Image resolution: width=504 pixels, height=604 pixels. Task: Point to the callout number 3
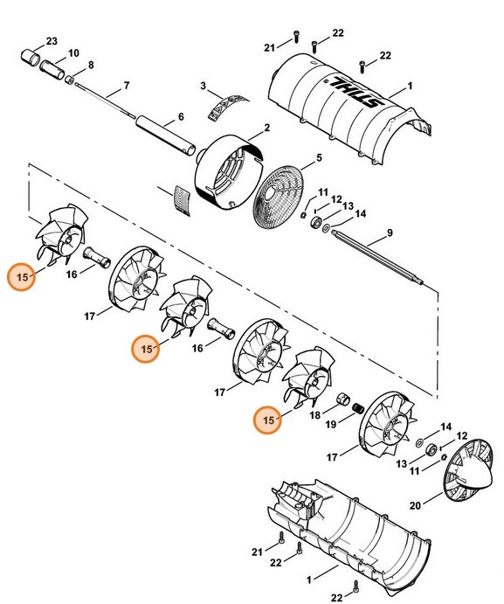coord(202,87)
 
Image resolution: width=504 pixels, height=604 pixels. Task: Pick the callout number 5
coord(319,157)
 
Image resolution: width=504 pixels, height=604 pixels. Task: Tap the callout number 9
coord(390,234)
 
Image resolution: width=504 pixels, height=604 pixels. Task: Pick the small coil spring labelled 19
coord(357,408)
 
